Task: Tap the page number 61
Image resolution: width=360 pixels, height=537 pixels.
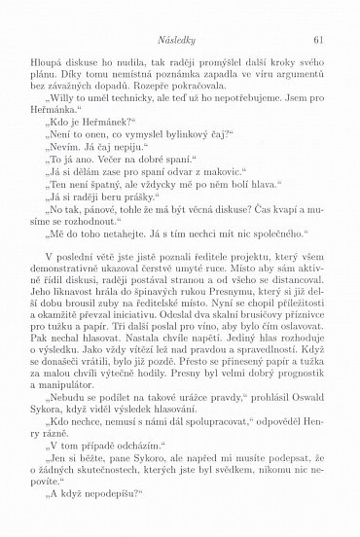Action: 318,40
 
